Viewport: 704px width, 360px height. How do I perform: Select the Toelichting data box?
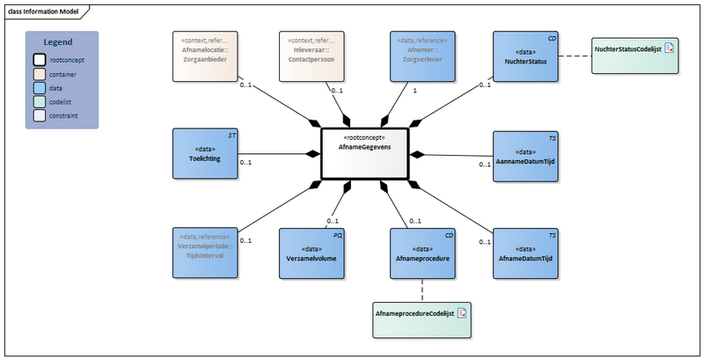tap(204, 153)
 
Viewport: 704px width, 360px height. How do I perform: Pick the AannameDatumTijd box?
tap(524, 156)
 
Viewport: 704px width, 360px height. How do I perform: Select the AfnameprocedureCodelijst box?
tap(422, 313)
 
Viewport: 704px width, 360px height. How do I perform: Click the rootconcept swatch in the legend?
tap(40, 60)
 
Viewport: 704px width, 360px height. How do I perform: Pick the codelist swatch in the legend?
tap(40, 101)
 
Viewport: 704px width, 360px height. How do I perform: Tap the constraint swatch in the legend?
tap(40, 115)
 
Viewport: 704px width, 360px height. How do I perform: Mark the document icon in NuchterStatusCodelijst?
tap(669, 49)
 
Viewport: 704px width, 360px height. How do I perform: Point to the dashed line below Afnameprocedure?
tap(422, 290)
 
